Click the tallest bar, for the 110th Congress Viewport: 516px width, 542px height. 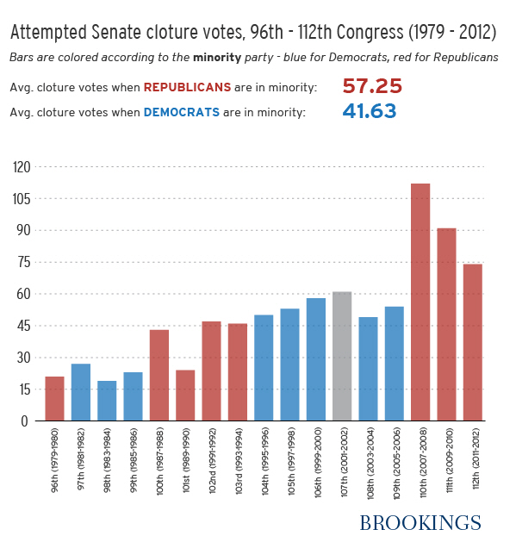420,302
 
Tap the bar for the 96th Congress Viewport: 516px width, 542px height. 54,398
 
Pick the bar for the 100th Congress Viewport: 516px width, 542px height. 159,375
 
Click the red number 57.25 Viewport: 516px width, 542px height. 372,87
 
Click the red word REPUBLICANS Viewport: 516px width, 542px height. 187,88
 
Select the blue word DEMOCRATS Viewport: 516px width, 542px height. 181,112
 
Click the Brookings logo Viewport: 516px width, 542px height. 420,522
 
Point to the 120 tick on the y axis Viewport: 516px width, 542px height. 20,167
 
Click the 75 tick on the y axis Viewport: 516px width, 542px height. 23,262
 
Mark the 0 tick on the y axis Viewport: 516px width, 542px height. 27,421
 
